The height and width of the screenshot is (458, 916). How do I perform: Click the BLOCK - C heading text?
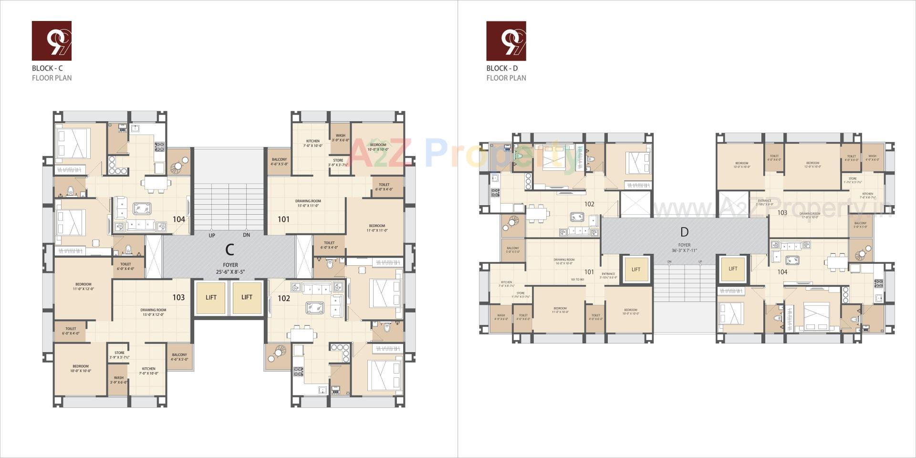(47, 68)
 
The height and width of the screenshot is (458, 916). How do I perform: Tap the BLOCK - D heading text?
(502, 68)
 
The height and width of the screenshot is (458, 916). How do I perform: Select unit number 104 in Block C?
(179, 219)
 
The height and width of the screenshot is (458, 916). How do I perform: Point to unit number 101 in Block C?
(284, 219)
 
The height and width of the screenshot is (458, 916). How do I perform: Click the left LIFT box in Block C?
(211, 297)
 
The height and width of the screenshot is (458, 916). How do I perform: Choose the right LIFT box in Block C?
(247, 297)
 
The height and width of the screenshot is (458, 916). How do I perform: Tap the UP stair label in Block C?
(212, 235)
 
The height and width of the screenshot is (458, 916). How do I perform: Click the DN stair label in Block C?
(246, 235)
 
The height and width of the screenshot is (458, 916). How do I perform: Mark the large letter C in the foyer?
(229, 250)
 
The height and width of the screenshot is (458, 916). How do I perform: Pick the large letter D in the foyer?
(685, 232)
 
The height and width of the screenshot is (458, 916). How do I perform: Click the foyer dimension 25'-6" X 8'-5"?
(230, 272)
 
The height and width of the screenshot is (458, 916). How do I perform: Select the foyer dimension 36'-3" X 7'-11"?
(685, 250)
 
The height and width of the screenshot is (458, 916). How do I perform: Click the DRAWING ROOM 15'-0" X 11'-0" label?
(308, 204)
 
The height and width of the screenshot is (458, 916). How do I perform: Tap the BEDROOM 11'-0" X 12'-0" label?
(83, 287)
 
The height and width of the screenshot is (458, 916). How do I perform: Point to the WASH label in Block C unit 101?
(340, 138)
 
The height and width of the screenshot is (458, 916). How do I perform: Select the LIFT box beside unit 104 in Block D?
(733, 269)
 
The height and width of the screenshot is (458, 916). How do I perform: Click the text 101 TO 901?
(577, 280)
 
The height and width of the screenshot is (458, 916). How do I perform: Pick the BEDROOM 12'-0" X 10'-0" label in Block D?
(812, 165)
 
